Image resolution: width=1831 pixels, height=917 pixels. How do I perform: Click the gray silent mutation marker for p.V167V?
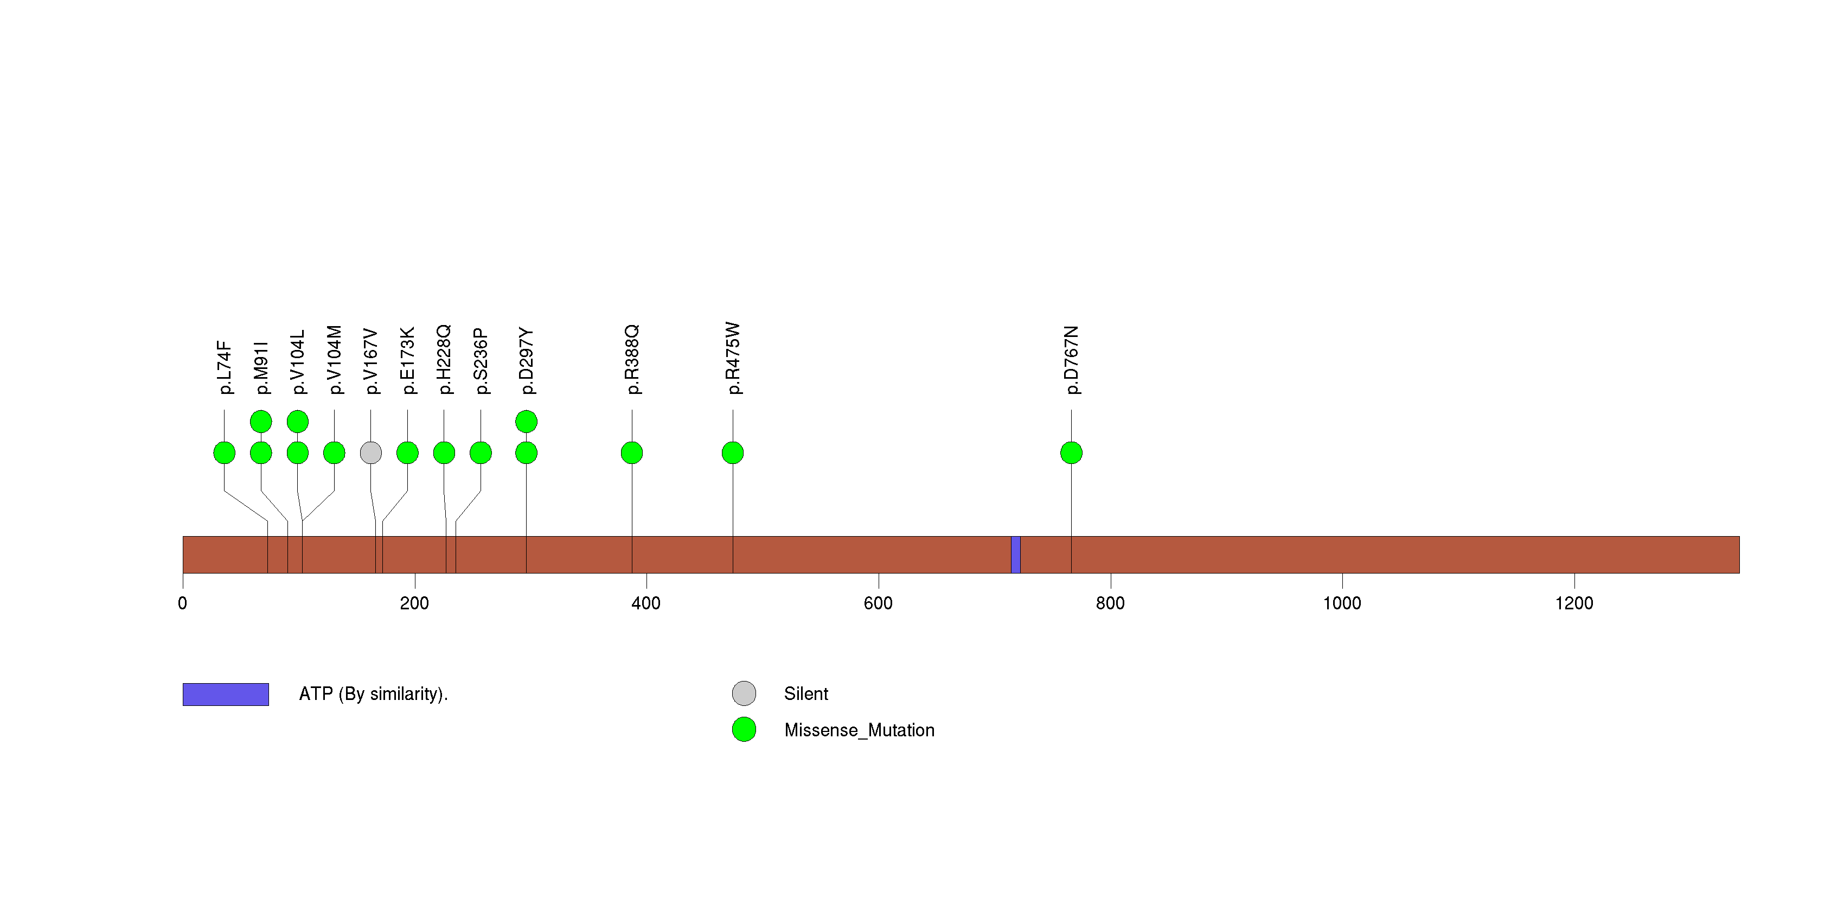click(370, 453)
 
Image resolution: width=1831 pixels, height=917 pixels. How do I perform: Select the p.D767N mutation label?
click(1071, 360)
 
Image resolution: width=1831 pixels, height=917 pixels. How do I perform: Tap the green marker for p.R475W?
click(732, 453)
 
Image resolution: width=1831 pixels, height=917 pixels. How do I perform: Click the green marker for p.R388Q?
click(631, 453)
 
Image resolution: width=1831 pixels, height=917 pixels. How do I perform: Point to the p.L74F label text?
click(225, 367)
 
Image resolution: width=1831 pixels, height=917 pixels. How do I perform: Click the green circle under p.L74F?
click(224, 453)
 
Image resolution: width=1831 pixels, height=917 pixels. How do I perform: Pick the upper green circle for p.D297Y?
click(526, 422)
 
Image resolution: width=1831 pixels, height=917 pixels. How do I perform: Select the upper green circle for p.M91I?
click(261, 422)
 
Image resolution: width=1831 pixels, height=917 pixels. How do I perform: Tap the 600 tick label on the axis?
click(878, 603)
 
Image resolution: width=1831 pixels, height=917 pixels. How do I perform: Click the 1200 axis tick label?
click(1574, 603)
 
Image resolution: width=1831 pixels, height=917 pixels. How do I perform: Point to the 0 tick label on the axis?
click(183, 603)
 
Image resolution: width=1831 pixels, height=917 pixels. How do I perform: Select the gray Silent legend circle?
click(744, 693)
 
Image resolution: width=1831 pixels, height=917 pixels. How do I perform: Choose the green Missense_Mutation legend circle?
click(744, 729)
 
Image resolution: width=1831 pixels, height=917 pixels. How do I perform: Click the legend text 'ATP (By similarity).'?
click(373, 694)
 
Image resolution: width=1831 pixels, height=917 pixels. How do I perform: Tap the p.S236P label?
click(481, 361)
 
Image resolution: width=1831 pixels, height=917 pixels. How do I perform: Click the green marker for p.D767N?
click(1071, 453)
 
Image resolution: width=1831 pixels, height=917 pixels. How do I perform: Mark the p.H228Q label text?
click(444, 359)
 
